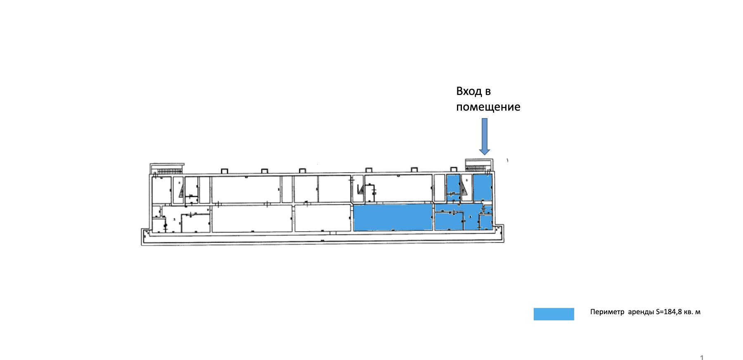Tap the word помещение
tap(488, 107)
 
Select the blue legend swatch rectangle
tap(554, 314)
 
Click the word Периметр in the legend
tap(607, 312)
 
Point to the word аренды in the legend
tap(641, 312)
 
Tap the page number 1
tap(702, 358)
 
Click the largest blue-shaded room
tap(393, 218)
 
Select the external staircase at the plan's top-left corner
tap(167, 169)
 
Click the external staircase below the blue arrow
tap(479, 165)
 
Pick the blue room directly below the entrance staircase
tap(482, 187)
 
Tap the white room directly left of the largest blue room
tap(322, 218)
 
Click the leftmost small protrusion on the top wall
tap(225, 171)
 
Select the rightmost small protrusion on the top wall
tap(454, 170)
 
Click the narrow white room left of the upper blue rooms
tap(439, 188)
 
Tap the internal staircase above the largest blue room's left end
tap(360, 189)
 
